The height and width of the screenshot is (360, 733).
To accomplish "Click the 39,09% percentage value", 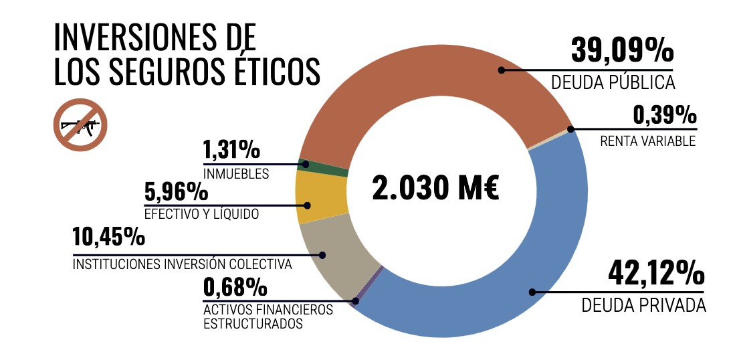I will (622, 50).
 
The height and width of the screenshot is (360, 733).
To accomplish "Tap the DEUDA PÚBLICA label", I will (613, 82).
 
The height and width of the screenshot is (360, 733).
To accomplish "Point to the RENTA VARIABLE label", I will (647, 141).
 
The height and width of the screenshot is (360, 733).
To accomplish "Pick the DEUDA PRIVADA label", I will (643, 305).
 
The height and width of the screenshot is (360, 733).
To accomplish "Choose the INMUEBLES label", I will (236, 174).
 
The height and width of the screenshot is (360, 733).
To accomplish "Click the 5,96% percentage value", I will (177, 192).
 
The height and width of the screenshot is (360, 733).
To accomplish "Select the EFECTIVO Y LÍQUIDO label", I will (201, 215).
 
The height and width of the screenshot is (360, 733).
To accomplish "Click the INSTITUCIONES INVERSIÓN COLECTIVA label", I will (182, 264).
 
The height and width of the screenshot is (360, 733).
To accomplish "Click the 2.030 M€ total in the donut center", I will (435, 188).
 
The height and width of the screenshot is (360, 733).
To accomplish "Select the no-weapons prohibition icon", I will (80, 124).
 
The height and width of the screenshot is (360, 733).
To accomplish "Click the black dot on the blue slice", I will (532, 292).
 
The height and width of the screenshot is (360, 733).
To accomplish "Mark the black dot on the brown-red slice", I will (500, 69).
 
